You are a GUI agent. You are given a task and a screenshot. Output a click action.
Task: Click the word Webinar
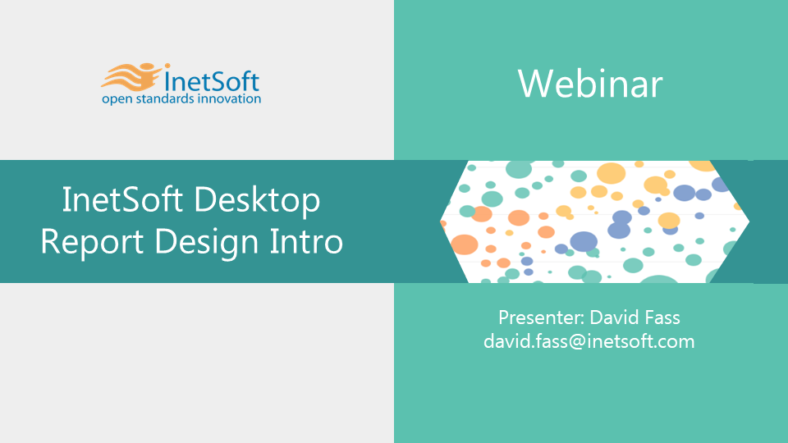coord(590,84)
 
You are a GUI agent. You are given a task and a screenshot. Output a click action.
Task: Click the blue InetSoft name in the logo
coord(212,81)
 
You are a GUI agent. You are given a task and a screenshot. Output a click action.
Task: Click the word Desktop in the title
coord(257,201)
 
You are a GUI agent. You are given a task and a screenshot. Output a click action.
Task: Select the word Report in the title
coord(92,242)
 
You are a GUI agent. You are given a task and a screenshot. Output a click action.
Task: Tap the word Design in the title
coord(207,243)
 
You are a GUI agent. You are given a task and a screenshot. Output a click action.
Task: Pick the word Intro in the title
coord(306,241)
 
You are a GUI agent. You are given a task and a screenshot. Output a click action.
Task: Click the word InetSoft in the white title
coord(122,199)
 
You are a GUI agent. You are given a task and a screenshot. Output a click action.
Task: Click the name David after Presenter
coord(614,317)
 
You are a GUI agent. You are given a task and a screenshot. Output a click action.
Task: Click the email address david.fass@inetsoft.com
coord(589,341)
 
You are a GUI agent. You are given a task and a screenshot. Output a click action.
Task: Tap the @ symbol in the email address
coord(577,342)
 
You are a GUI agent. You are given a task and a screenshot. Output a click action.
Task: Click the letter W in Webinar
coord(534,84)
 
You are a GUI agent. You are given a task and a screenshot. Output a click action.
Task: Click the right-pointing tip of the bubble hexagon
coord(749,221)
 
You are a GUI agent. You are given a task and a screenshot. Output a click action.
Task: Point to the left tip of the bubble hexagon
coord(440,221)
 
